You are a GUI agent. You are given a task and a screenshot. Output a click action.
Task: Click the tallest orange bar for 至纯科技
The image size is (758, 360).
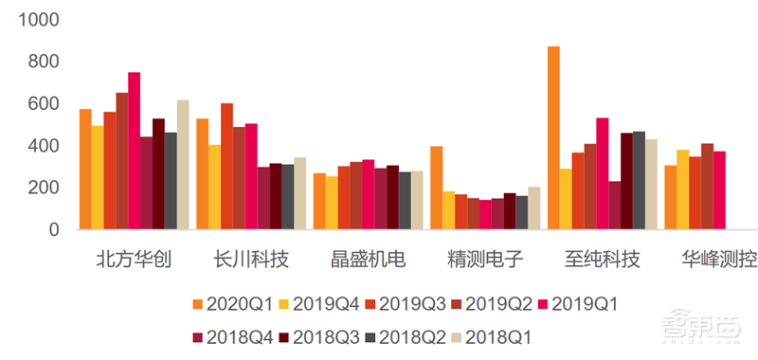553,137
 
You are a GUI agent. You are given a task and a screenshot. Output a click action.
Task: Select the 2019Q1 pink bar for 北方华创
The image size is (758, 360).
135,151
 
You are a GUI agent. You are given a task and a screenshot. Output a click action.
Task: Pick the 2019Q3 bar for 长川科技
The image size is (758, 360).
226,166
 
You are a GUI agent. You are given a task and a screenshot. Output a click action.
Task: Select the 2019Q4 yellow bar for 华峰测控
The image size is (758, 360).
683,189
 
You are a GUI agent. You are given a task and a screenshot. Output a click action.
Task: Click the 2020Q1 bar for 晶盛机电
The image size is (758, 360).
319,201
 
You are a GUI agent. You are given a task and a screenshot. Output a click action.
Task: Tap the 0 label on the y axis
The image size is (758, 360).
54,230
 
